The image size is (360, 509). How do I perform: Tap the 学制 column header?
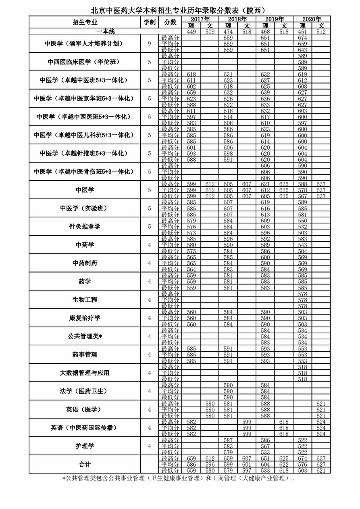tap(149, 22)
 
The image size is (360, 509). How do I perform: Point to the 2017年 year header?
tap(200, 19)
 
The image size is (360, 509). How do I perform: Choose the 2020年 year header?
tap(311, 19)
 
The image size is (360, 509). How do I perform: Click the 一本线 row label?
tap(105, 31)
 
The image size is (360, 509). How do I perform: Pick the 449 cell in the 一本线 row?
tap(191, 31)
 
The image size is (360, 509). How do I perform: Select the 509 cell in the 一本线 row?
tap(210, 31)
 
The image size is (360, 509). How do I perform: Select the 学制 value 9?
tap(149, 44)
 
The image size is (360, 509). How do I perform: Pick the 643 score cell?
tap(302, 50)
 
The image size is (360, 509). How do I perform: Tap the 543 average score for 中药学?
tap(302, 245)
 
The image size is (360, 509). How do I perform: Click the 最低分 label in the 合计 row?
tap(170, 471)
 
